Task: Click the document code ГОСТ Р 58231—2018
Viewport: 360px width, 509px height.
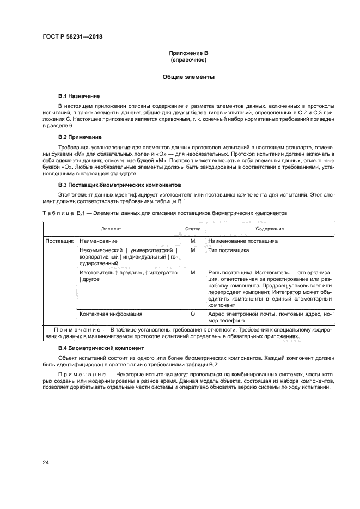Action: (x=72, y=36)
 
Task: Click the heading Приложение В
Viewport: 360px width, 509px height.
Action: (x=188, y=53)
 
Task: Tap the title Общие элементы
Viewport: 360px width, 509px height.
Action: (x=188, y=77)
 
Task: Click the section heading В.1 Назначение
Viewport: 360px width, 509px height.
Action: (x=79, y=96)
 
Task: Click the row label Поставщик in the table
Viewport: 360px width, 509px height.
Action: (x=59, y=241)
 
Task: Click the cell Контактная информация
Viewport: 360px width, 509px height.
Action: (x=111, y=314)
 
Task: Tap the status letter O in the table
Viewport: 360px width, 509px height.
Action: (x=192, y=314)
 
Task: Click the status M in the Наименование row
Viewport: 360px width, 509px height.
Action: (x=192, y=241)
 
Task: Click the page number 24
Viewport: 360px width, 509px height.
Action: (x=46, y=463)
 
